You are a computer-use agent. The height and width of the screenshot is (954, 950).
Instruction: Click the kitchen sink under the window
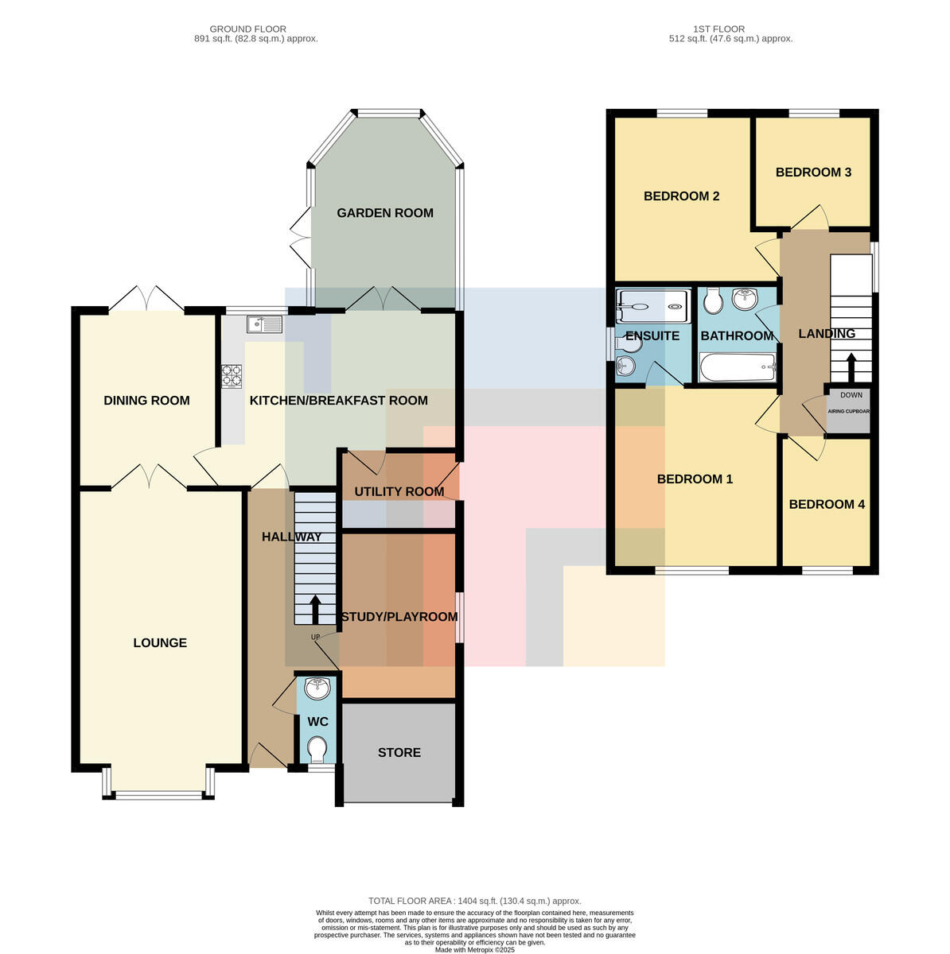click(264, 324)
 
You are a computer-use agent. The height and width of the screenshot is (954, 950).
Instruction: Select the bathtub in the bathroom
click(737, 366)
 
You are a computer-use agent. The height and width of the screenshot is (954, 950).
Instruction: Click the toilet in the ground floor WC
click(317, 750)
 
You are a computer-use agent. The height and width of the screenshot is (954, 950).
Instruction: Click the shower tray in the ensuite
click(652, 306)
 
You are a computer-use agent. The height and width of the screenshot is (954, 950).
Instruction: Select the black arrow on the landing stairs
click(851, 366)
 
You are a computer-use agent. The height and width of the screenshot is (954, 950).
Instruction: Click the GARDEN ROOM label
click(384, 213)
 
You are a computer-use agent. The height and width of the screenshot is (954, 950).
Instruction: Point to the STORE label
click(399, 753)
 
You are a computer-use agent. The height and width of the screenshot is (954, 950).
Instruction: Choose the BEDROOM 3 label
click(812, 173)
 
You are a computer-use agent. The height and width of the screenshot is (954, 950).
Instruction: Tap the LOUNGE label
click(160, 642)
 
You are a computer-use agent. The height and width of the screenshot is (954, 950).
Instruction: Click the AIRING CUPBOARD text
click(848, 411)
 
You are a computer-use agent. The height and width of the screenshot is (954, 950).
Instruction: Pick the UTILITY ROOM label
click(399, 491)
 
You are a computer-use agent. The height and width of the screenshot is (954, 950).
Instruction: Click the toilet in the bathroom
click(713, 301)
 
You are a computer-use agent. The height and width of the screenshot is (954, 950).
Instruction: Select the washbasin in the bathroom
click(745, 299)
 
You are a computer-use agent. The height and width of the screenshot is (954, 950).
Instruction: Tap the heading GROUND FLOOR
click(247, 29)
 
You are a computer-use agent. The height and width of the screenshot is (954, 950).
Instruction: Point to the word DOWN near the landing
click(851, 395)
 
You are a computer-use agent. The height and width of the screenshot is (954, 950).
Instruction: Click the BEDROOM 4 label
click(826, 505)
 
